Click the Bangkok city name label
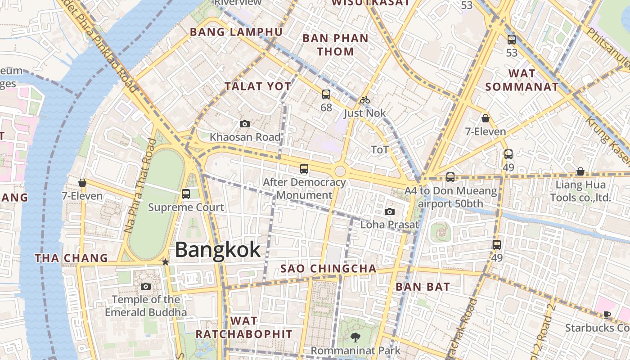coord(218,250)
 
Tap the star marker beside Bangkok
coord(166,262)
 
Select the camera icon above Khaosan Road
coord(245,124)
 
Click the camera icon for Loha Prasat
coord(390,211)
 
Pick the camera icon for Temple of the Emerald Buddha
coord(145,286)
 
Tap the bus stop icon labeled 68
coord(326,94)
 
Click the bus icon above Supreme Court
coord(185,194)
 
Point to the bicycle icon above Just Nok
coord(364,100)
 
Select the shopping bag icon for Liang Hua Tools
coord(580,171)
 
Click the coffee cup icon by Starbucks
coord(607,315)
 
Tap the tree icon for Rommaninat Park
coord(355,337)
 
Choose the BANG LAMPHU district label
coord(236,32)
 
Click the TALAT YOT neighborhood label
coord(258,86)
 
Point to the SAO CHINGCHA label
coord(328,269)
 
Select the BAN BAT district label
coord(423,287)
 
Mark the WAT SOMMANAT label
coord(522,80)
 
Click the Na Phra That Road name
coord(140,185)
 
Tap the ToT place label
coord(379,149)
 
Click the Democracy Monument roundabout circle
coord(340,171)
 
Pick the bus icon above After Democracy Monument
coord(304,169)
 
